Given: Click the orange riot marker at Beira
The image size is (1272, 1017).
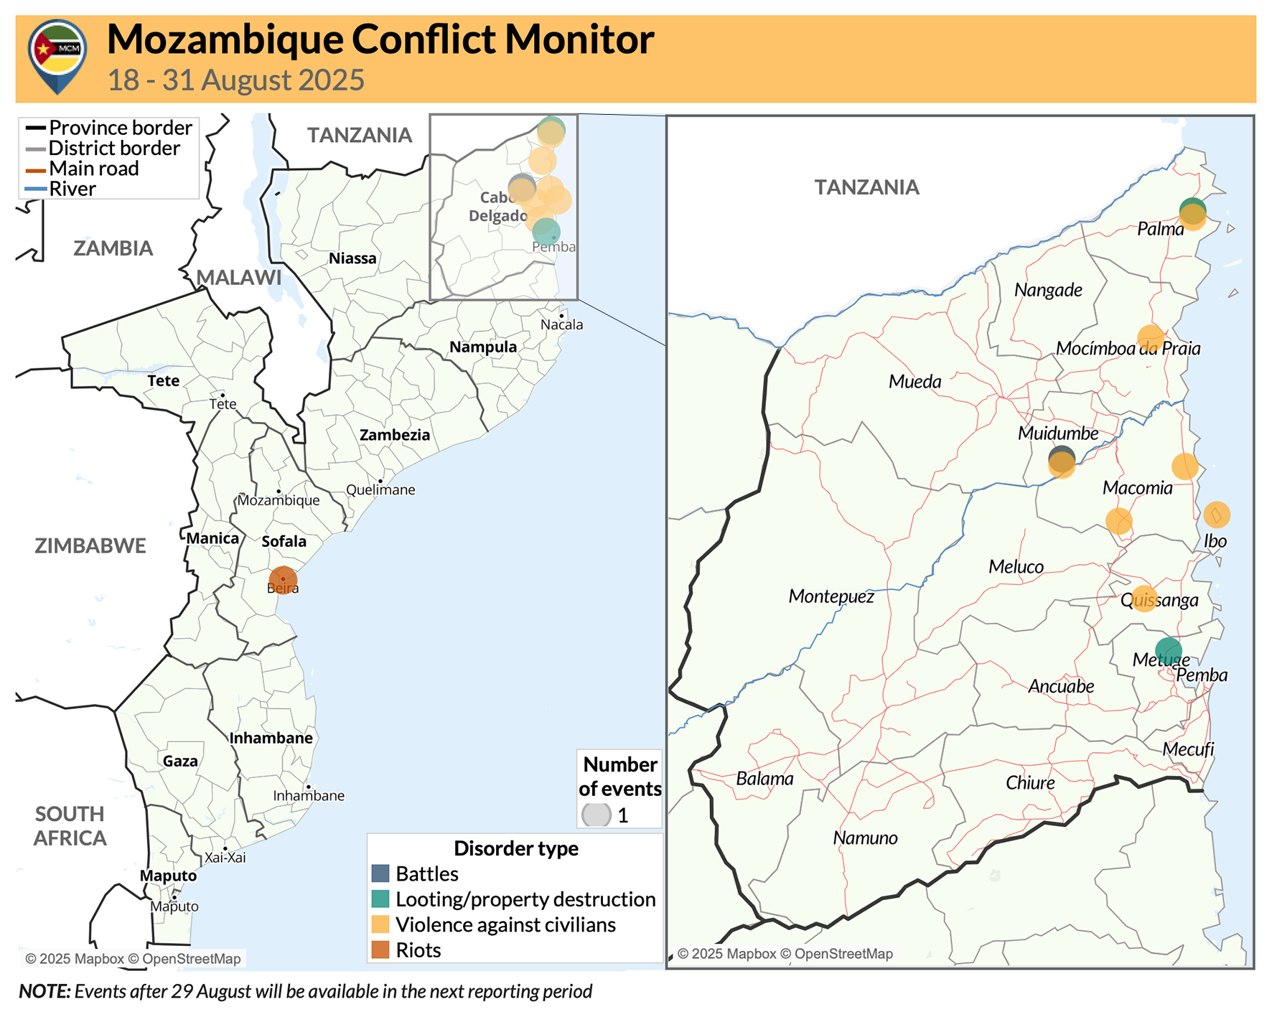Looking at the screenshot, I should tap(283, 580).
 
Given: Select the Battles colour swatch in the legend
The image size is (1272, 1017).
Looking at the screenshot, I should tap(380, 873).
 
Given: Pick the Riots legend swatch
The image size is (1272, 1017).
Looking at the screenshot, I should tap(380, 950).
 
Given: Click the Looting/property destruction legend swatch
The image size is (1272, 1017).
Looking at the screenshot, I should tap(380, 899).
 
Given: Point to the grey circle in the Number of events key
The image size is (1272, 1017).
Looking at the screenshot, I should tap(596, 815).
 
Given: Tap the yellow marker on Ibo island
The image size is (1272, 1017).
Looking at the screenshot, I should tap(1216, 515).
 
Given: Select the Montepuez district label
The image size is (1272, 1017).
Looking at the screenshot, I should tap(831, 596).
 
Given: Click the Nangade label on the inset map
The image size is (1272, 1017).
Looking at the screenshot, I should tap(1048, 290).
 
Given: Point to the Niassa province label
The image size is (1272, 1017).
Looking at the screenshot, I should tap(352, 258).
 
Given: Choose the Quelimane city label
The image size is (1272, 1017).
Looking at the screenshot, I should tap(380, 490).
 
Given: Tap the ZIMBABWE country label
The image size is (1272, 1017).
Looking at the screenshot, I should tap(90, 545).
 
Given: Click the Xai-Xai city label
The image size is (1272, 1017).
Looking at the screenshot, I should tap(225, 857).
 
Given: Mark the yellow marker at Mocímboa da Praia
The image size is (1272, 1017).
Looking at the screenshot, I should tap(1150, 337).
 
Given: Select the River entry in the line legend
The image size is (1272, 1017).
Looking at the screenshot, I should tap(72, 189).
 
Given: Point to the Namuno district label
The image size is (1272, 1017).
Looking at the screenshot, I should tap(865, 838).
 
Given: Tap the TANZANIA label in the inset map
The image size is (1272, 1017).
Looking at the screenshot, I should tap(866, 187).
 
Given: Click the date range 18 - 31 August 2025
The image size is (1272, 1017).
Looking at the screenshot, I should tap(236, 80).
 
